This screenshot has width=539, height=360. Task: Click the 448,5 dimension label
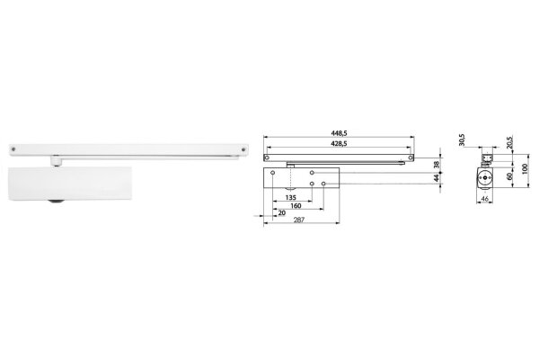pyautogui.click(x=339, y=133)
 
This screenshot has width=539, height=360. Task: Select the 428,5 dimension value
pyautogui.click(x=339, y=144)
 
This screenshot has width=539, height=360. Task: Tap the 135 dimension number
pyautogui.click(x=291, y=198)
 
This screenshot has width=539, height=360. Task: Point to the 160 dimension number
pyautogui.click(x=296, y=206)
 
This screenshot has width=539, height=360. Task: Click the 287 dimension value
pyautogui.click(x=299, y=220)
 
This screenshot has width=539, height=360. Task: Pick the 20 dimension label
pyautogui.click(x=282, y=213)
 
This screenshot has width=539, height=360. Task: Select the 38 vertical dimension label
pyautogui.click(x=437, y=165)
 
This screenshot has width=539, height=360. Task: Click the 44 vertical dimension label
pyautogui.click(x=437, y=178)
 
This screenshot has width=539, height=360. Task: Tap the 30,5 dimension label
pyautogui.click(x=462, y=140)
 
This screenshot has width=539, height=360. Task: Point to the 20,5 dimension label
pyautogui.click(x=509, y=142)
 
